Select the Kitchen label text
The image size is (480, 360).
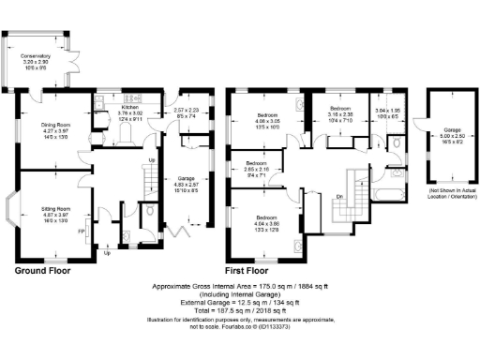129,108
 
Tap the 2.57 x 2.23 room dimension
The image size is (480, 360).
187,111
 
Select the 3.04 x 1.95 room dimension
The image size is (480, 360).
386,112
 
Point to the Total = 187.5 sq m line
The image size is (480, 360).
242,310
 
